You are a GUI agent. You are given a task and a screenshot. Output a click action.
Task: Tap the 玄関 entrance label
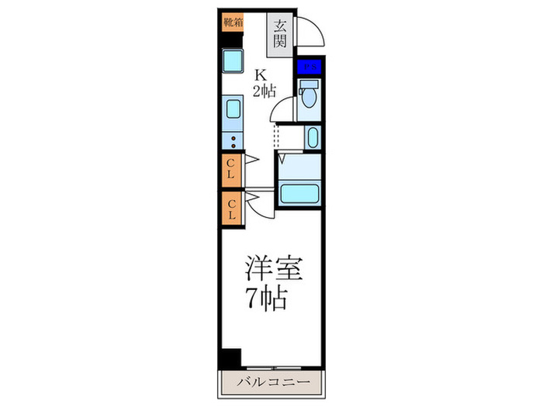coord(280,33)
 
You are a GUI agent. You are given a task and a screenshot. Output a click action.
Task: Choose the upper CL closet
coord(230,168)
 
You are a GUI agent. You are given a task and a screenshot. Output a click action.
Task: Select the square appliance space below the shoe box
coord(232,60)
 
